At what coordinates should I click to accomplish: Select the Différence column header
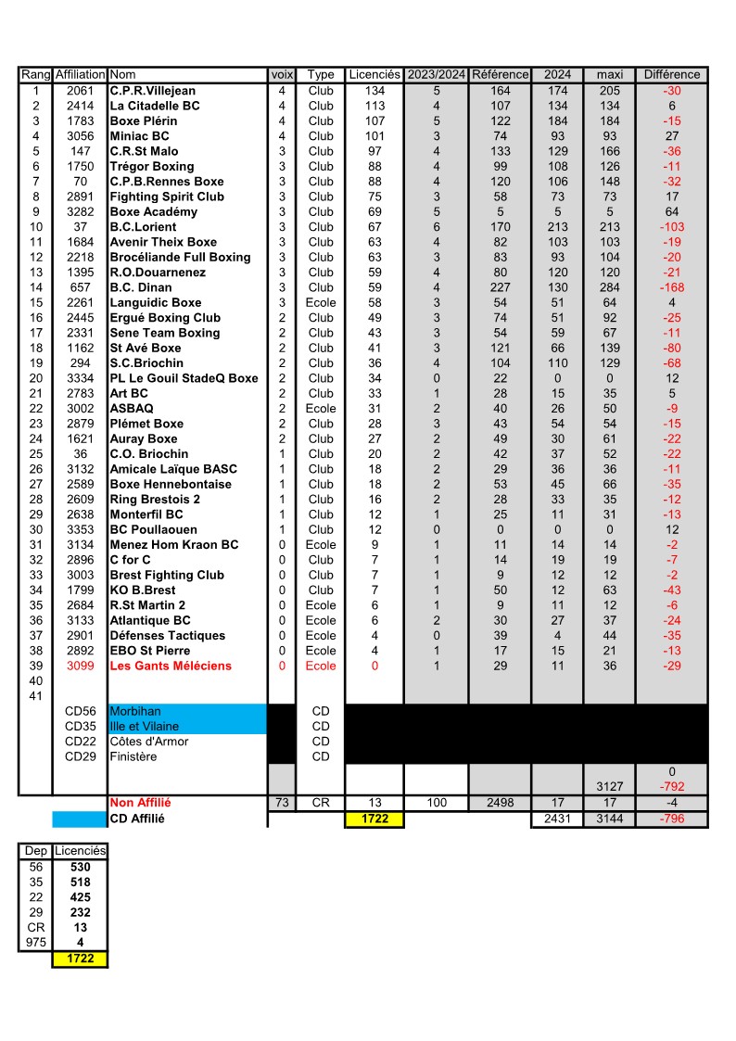pos(672,74)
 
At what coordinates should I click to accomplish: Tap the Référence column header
pos(501,74)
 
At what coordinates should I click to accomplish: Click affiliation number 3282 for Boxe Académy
pos(80,211)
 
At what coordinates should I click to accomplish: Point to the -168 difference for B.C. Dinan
pos(672,287)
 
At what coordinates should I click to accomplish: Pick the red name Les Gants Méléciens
pos(171,666)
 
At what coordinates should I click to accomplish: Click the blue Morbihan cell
pos(135,712)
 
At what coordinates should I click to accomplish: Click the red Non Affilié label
pos(140,803)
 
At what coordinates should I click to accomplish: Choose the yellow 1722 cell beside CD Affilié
pos(374,819)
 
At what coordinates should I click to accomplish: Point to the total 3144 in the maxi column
pos(609,819)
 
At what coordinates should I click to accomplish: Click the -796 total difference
pos(672,819)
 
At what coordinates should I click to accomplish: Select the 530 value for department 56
pos(80,867)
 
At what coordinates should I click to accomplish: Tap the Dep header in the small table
pos(36,851)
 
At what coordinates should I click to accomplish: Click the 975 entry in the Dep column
pos(36,943)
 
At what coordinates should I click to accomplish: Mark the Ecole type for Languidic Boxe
pos(321,302)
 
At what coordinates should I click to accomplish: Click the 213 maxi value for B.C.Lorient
pos(609,227)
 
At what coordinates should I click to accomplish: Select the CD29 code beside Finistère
pos(80,756)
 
